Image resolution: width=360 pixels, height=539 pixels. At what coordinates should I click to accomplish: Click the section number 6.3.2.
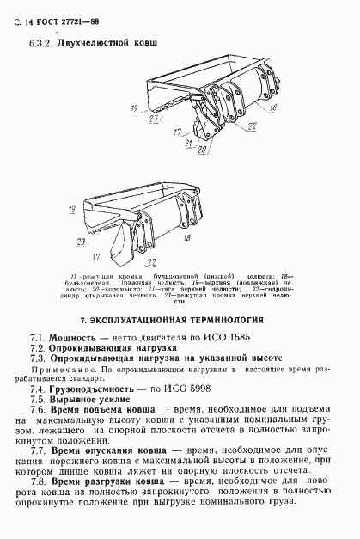[41, 41]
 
